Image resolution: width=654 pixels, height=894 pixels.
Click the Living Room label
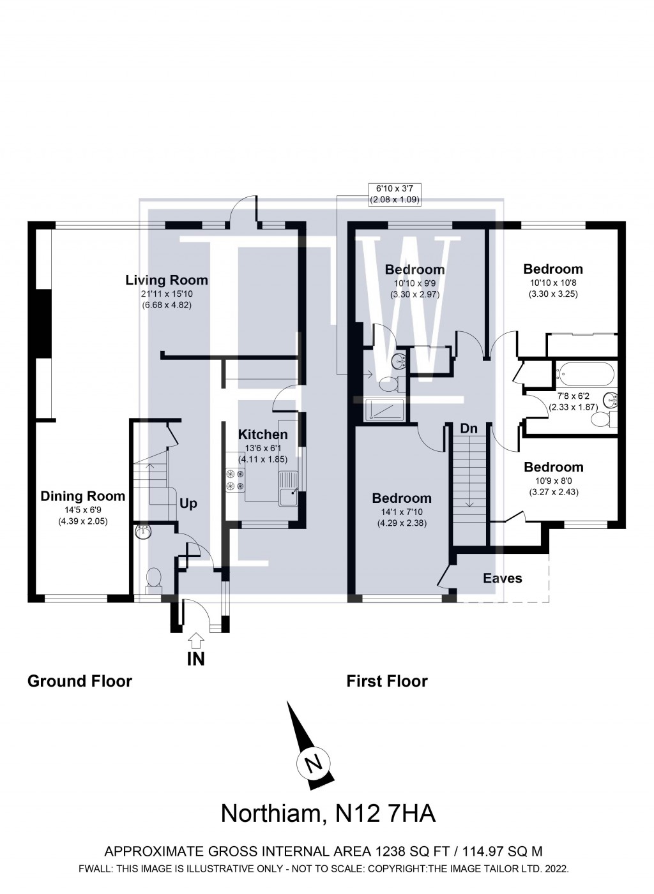pyautogui.click(x=166, y=279)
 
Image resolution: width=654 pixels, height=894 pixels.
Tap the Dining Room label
pyautogui.click(x=83, y=496)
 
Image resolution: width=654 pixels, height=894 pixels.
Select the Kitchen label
pyautogui.click(x=262, y=434)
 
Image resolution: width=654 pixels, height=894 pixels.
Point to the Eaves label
pyautogui.click(x=502, y=578)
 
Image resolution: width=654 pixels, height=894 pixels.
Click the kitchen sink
pyautogui.click(x=289, y=488)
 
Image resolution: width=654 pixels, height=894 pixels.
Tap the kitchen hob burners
pyautogui.click(x=235, y=480)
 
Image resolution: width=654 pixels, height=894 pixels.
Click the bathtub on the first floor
pyautogui.click(x=584, y=373)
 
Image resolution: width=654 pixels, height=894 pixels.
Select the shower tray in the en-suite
pyautogui.click(x=380, y=410)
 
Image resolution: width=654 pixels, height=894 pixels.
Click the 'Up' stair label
pyautogui.click(x=188, y=503)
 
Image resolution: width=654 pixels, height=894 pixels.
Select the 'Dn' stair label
pyautogui.click(x=469, y=429)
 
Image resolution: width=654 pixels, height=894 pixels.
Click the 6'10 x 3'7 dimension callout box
pyautogui.click(x=395, y=193)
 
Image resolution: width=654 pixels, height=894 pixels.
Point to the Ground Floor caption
pyautogui.click(x=80, y=681)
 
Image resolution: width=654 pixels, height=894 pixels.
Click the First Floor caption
pyautogui.click(x=387, y=681)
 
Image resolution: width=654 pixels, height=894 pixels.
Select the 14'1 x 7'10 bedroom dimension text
pyautogui.click(x=402, y=512)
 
